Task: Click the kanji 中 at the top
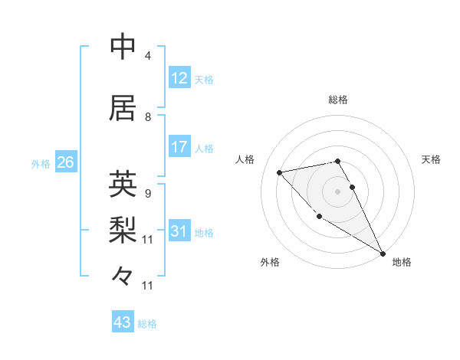123,47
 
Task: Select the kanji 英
123,185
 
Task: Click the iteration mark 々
123,274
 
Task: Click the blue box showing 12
179,77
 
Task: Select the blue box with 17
179,147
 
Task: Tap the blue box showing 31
179,231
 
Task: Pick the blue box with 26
66,162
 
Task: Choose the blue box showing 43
123,322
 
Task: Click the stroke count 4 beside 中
148,57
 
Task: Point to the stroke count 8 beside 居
148,117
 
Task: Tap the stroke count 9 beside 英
148,194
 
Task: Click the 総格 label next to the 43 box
147,324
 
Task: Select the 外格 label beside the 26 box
41,163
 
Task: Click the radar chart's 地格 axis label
402,262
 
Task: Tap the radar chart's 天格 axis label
431,159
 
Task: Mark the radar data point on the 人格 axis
280,172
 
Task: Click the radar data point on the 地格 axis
383,253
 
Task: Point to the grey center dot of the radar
337,191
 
